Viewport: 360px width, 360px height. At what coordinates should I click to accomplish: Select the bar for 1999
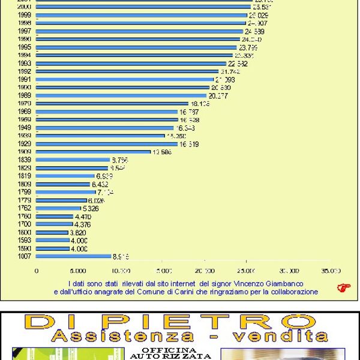click(x=141, y=15)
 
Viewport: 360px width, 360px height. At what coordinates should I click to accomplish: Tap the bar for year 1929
click(x=107, y=144)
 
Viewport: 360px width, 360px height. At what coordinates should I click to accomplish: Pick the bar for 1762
click(x=58, y=208)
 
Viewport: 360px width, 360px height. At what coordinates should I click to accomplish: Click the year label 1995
click(x=25, y=47)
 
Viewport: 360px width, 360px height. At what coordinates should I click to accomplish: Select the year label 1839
click(x=25, y=160)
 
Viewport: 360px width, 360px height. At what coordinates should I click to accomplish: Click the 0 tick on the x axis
click(x=37, y=271)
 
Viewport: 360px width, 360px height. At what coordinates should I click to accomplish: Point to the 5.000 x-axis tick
click(x=78, y=271)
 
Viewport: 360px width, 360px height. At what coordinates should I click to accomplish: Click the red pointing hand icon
click(x=343, y=287)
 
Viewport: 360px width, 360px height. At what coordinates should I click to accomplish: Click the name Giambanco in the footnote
click(x=283, y=283)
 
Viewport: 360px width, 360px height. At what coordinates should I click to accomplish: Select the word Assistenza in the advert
click(x=122, y=337)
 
